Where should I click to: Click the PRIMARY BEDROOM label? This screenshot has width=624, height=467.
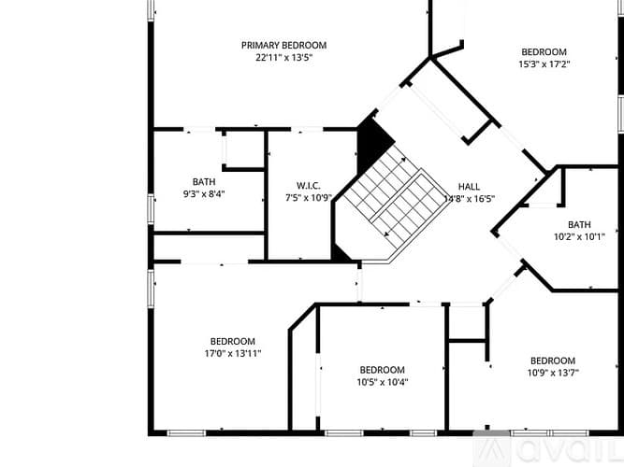pos(283,46)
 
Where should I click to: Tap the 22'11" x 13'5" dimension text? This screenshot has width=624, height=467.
pos(283,58)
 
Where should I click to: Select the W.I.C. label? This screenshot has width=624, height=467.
pos(309,186)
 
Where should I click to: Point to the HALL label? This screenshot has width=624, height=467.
pos(469,187)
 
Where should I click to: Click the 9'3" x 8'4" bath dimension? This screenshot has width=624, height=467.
pos(204,194)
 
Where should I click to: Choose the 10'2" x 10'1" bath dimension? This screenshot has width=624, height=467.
pos(579,237)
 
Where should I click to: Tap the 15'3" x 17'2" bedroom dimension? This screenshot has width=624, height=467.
pos(544,64)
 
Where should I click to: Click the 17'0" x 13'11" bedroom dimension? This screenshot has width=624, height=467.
pos(233,353)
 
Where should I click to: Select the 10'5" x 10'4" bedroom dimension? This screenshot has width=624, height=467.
pos(383,382)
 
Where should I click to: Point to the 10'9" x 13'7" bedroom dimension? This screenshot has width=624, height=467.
pos(553,373)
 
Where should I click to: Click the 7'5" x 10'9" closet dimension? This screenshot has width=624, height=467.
pos(309,197)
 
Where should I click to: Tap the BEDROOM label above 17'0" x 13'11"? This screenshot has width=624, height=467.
pos(233,342)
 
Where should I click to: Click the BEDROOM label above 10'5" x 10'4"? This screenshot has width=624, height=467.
pos(383,370)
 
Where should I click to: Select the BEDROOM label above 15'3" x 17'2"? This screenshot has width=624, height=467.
pos(544,52)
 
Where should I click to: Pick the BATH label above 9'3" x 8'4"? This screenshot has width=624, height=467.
pos(204,182)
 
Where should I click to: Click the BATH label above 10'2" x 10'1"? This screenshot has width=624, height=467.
pos(579,224)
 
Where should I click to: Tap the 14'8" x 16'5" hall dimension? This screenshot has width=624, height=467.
pos(470,199)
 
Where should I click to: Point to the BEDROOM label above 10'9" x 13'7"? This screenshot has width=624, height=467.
pos(553,361)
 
